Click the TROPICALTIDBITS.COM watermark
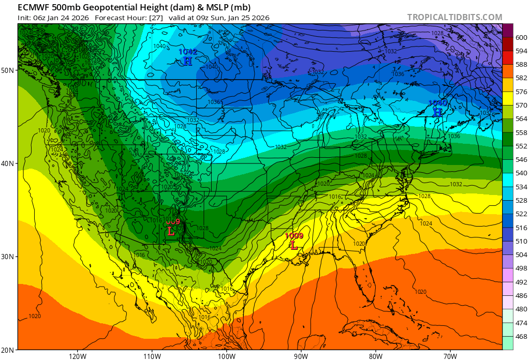coord(454,17)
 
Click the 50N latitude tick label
coord(9,70)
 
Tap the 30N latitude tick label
coord(9,257)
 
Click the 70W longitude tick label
coord(450,355)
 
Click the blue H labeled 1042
coord(187,61)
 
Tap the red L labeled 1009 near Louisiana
coord(294,246)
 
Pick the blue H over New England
coord(437,112)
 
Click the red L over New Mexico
coord(171,231)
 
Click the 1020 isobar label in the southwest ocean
coord(35,316)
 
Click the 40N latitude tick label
coord(9,163)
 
